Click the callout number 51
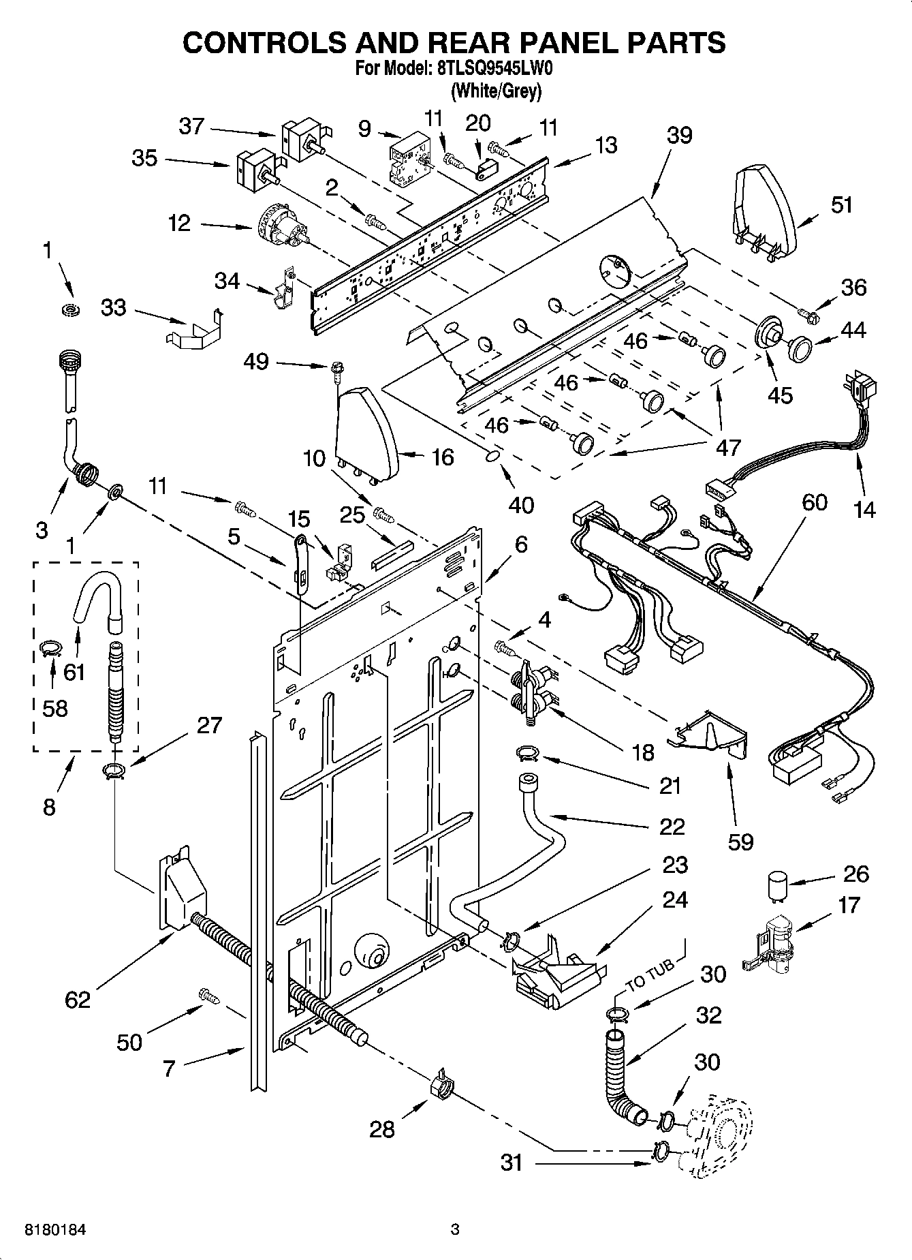(842, 204)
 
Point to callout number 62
(78, 1000)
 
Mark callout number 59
(740, 841)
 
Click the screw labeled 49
(336, 369)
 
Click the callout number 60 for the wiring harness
(814, 502)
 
